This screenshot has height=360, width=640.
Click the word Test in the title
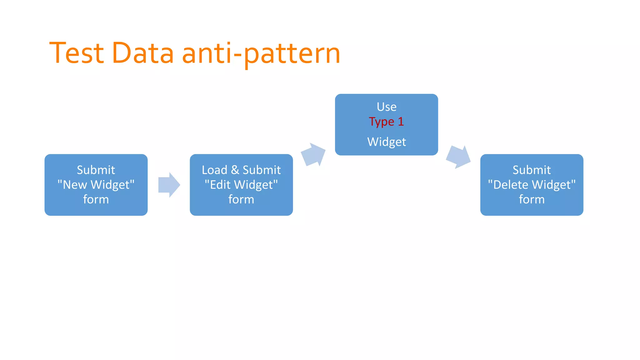point(77,53)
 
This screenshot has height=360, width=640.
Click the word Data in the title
point(142,53)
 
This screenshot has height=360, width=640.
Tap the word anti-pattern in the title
point(261,54)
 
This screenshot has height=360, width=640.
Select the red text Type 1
point(386,122)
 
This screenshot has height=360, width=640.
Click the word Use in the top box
point(387,107)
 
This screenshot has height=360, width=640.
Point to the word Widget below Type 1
point(387,142)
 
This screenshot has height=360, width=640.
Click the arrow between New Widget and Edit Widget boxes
point(169,185)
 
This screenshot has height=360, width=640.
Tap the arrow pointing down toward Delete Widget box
point(458,157)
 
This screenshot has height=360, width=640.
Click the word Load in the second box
point(214,170)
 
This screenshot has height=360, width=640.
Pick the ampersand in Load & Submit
point(235,170)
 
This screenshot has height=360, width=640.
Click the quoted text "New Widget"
point(96,185)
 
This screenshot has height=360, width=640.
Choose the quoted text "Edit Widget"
point(241,185)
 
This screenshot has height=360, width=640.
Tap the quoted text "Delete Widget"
point(532,185)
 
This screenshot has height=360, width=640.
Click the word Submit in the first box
point(96,170)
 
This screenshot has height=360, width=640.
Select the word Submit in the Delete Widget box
point(532,170)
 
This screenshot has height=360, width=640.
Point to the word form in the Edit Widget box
point(241,199)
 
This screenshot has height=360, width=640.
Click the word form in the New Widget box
point(96,199)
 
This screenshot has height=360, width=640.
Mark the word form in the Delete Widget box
point(532,199)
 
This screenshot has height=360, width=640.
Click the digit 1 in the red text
point(401,122)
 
